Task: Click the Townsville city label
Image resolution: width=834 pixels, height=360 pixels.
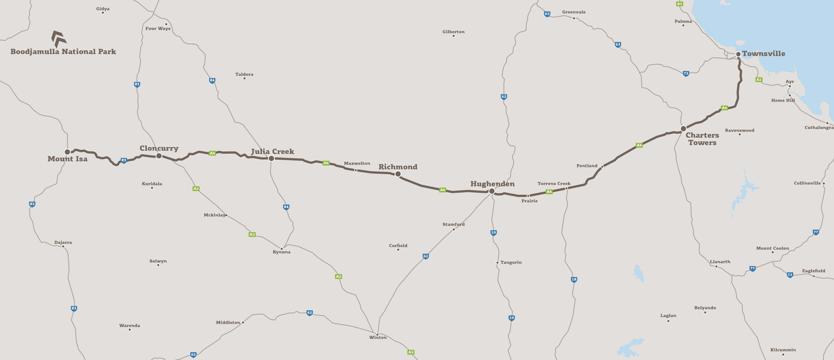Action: click(x=763, y=54)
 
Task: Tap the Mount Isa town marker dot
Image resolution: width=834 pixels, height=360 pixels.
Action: click(x=67, y=152)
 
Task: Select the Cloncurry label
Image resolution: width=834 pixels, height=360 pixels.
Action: click(x=159, y=148)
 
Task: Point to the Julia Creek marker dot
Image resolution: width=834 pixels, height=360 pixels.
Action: click(x=271, y=158)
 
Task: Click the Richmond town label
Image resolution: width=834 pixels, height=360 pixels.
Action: click(x=398, y=167)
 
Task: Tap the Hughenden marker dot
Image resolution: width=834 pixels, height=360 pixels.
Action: click(x=492, y=191)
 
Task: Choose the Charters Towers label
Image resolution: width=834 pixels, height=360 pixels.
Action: click(x=702, y=139)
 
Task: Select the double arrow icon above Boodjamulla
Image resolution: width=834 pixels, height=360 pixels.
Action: click(x=59, y=39)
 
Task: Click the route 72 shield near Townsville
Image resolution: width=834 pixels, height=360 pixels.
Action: click(x=686, y=73)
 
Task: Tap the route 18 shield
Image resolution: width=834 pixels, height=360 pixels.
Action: click(x=574, y=279)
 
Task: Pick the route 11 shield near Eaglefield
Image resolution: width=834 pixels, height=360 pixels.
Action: click(x=790, y=274)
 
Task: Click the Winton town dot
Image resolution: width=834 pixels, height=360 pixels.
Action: click(x=377, y=334)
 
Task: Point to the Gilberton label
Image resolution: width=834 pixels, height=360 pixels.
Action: click(x=453, y=32)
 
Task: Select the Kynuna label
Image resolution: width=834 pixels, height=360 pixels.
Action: click(x=281, y=252)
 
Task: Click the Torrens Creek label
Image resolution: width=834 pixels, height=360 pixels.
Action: click(x=554, y=183)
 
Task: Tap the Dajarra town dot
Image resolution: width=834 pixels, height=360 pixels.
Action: click(x=63, y=246)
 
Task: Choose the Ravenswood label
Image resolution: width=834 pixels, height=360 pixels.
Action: click(x=740, y=130)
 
